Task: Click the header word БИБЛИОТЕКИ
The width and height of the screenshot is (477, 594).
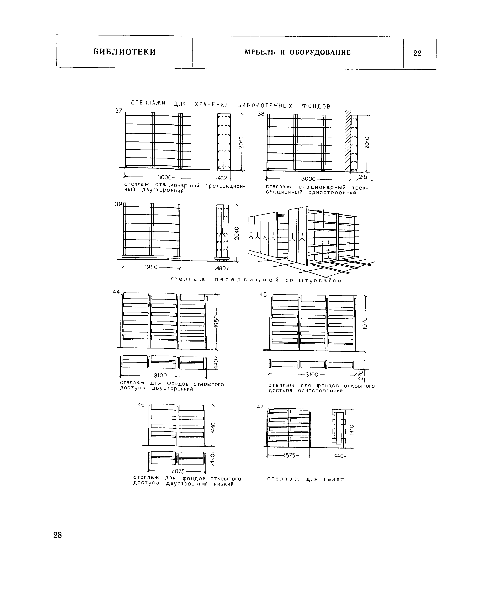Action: pyautogui.click(x=125, y=52)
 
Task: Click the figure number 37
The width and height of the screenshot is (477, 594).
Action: pyautogui.click(x=119, y=111)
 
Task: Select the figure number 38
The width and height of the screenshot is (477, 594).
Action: pyautogui.click(x=261, y=114)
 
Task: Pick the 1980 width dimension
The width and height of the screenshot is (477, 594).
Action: pyautogui.click(x=151, y=267)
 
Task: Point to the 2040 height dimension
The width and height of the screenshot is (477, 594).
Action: pyautogui.click(x=236, y=233)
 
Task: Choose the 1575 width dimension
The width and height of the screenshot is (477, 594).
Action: pyautogui.click(x=289, y=455)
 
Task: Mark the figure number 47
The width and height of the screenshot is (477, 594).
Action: pyautogui.click(x=260, y=407)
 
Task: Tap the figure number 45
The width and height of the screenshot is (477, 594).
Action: pyautogui.click(x=263, y=294)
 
